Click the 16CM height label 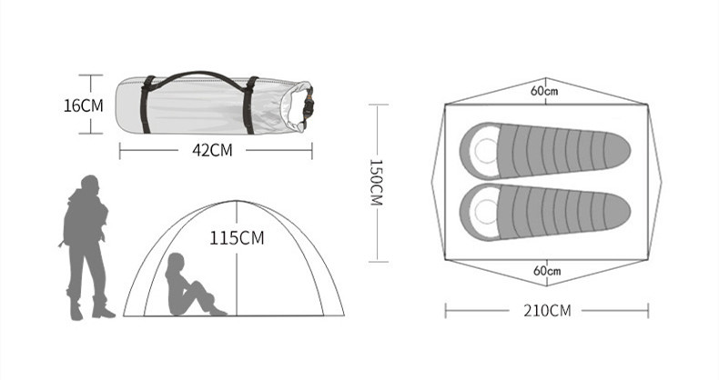click(84, 105)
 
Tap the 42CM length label click(212, 150)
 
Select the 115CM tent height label click(237, 238)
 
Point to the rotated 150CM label click(376, 183)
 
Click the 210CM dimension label click(548, 311)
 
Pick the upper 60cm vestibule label click(545, 91)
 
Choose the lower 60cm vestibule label click(547, 271)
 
